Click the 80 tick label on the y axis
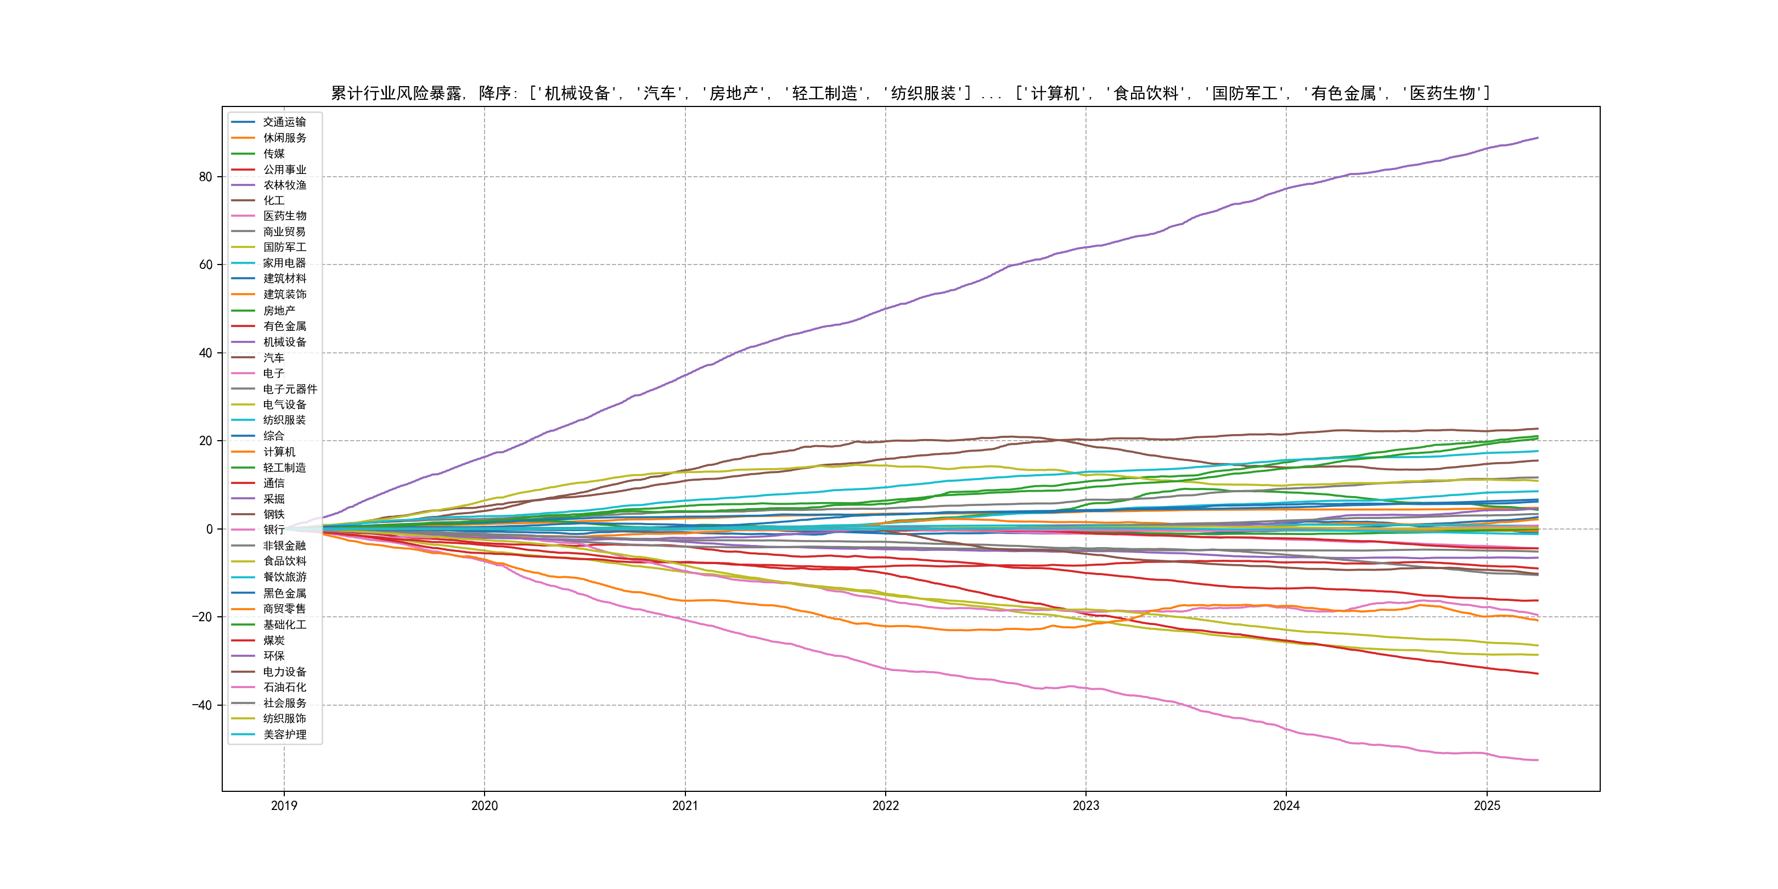pyautogui.click(x=206, y=177)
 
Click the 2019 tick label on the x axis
pyautogui.click(x=284, y=806)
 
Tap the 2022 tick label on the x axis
pyautogui.click(x=886, y=806)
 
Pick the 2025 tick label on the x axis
pyautogui.click(x=1487, y=806)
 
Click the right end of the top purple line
pyautogui.click(x=1538, y=138)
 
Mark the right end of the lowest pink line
pyautogui.click(x=1538, y=760)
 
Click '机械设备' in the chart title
pyautogui.click(x=577, y=93)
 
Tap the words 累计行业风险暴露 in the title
pyautogui.click(x=396, y=93)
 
